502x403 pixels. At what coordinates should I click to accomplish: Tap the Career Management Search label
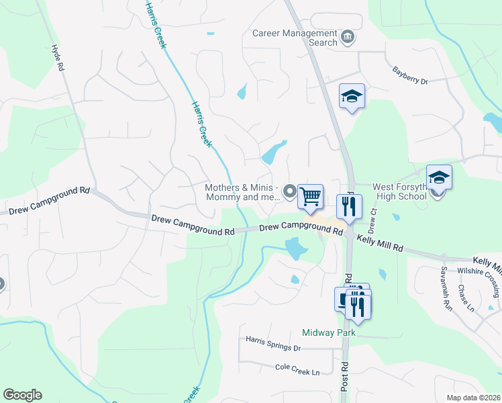[295, 38]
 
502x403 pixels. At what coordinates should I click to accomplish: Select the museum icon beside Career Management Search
[348, 36]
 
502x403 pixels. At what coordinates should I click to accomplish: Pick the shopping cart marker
[310, 197]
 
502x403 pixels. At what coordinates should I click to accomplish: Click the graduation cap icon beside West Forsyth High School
[439, 177]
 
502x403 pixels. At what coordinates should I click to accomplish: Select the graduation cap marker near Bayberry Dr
[352, 96]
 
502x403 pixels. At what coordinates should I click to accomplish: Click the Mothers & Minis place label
[242, 193]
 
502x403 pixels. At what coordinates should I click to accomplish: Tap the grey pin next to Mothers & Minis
[290, 192]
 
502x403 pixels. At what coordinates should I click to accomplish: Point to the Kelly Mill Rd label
[380, 243]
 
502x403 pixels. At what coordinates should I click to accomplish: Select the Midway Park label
[328, 332]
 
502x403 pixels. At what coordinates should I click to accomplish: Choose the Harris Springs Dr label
[272, 343]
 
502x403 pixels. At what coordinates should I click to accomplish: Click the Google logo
[22, 395]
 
